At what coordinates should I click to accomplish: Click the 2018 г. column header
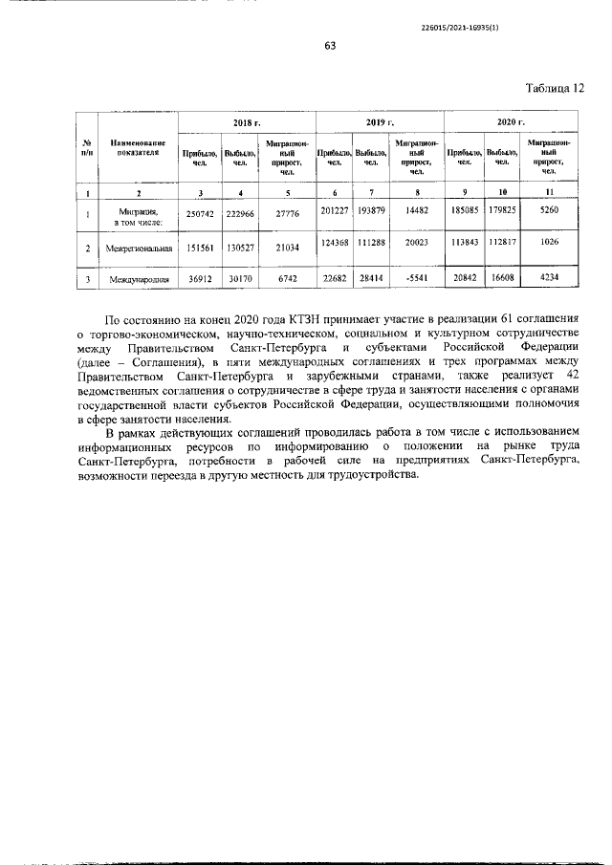click(x=248, y=124)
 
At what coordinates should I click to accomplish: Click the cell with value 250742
click(x=200, y=215)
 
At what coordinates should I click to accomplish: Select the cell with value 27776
click(x=287, y=215)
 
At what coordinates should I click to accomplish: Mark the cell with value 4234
click(x=548, y=279)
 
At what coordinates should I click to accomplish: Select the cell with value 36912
click(x=200, y=280)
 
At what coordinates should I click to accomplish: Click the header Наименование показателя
click(x=143, y=146)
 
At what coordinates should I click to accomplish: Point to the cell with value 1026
click(x=548, y=247)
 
